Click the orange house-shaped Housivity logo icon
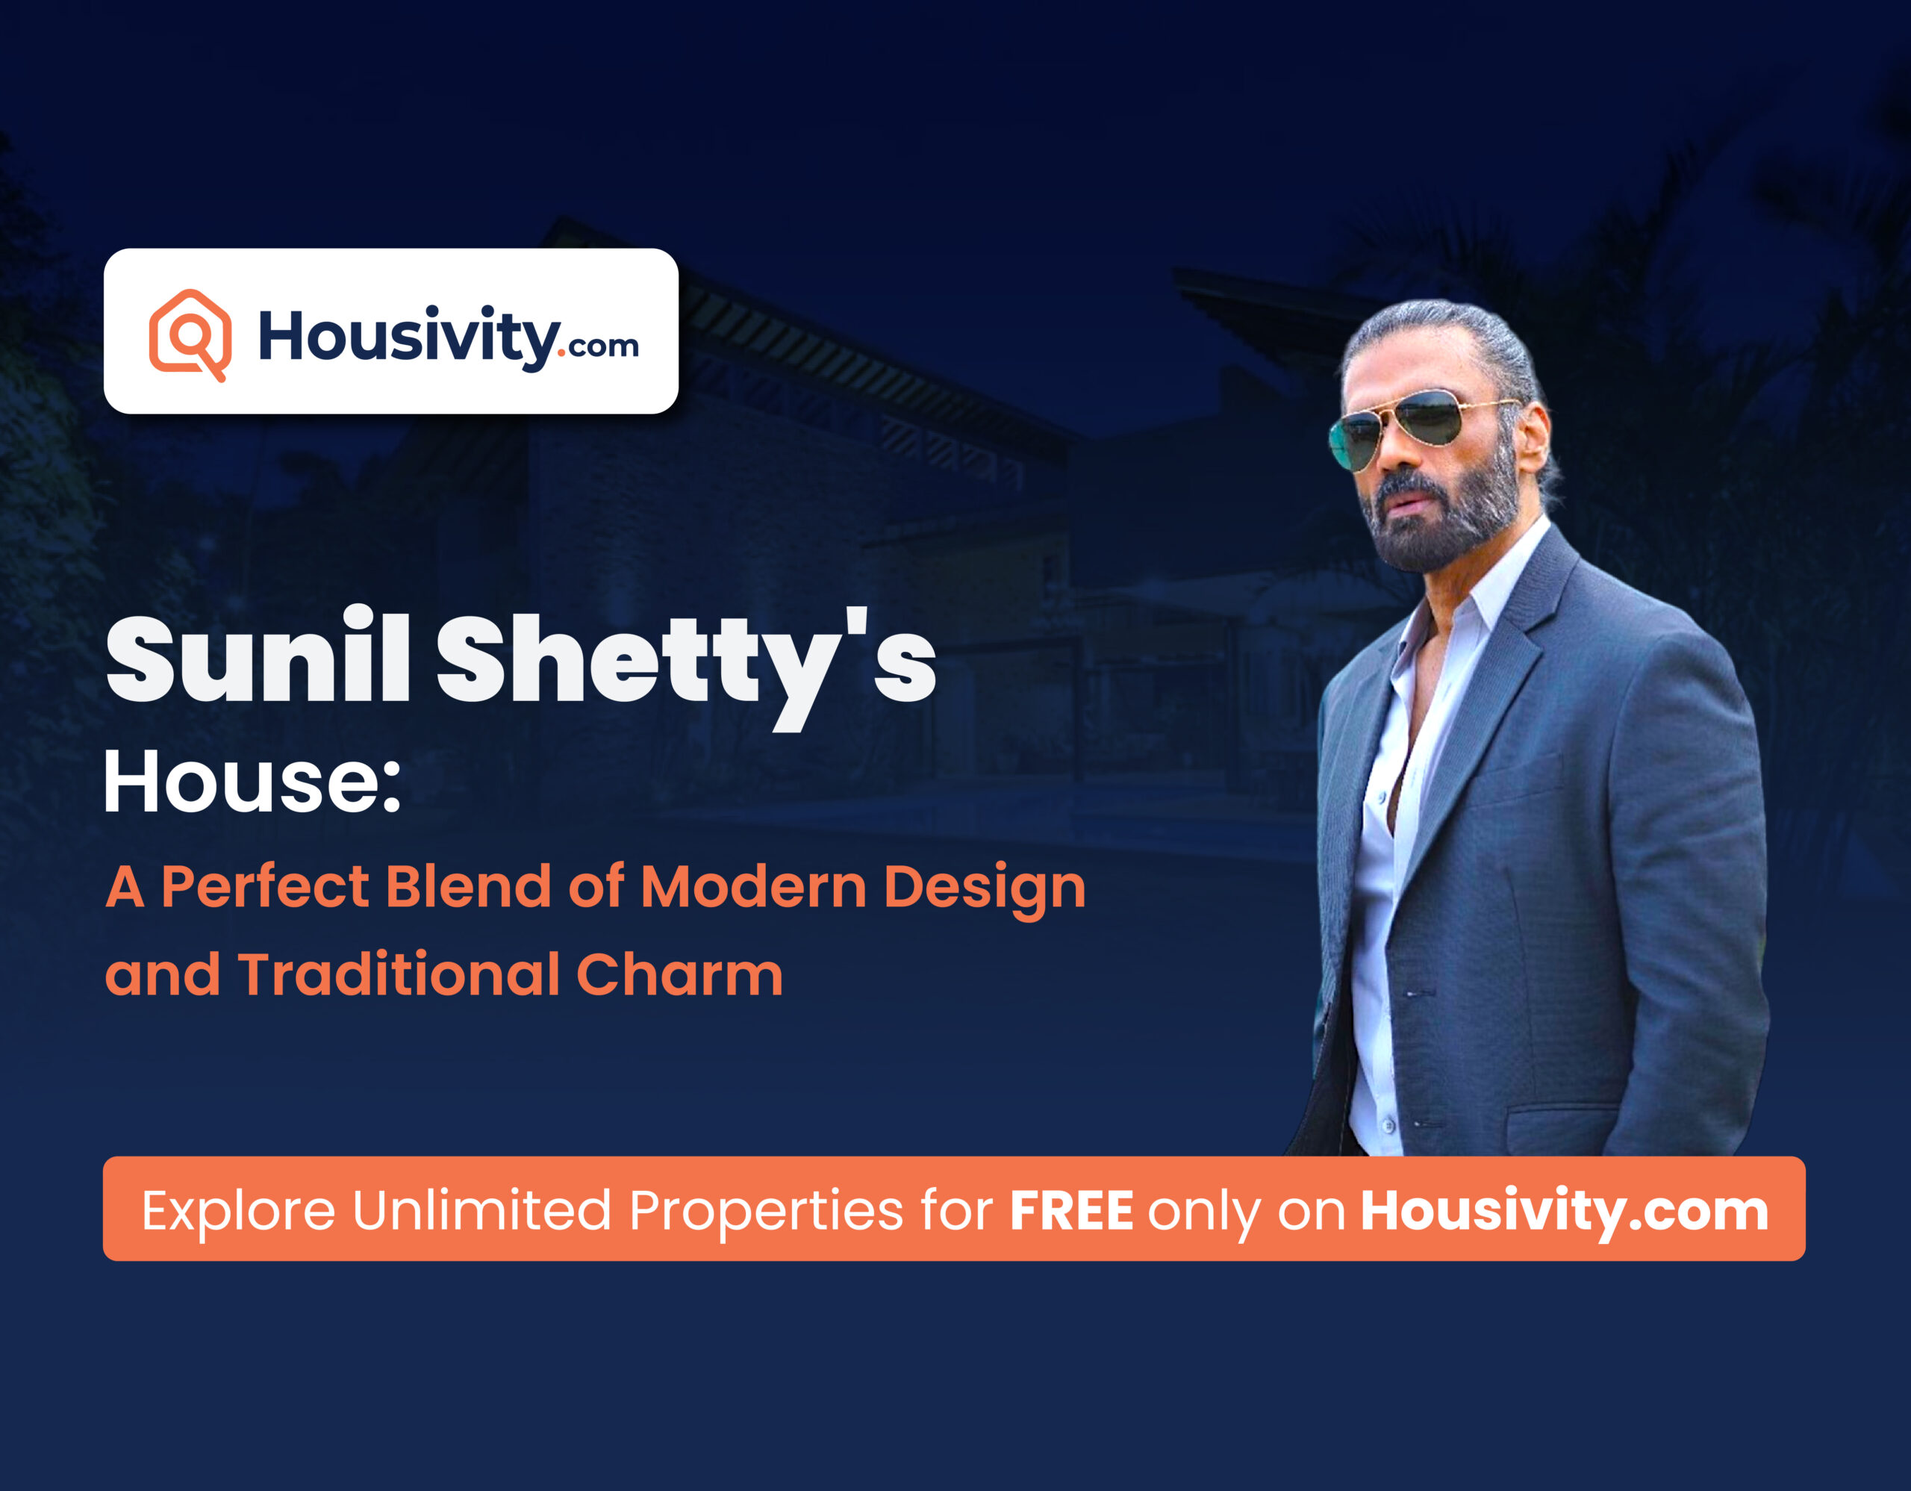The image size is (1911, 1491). coord(190,334)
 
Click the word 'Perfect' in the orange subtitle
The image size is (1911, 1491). coord(264,887)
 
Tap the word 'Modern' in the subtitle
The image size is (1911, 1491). coord(752,886)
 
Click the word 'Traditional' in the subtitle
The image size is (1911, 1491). coord(398,974)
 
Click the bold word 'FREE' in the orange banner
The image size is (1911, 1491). coord(1071,1211)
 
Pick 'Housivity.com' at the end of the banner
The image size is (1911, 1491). coord(1565,1212)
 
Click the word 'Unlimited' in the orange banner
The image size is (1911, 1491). coord(481,1211)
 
